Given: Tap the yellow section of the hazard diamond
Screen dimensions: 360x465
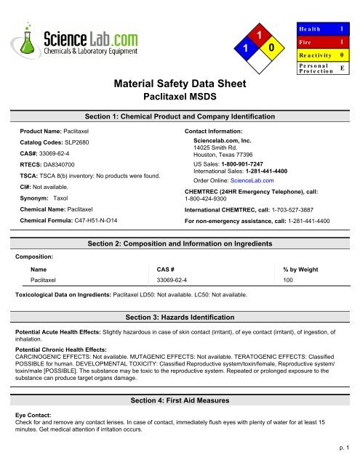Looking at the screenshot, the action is [271, 49].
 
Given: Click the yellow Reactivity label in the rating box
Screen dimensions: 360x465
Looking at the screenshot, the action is [315, 54].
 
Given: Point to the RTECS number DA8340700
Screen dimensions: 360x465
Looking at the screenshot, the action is [66, 165].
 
